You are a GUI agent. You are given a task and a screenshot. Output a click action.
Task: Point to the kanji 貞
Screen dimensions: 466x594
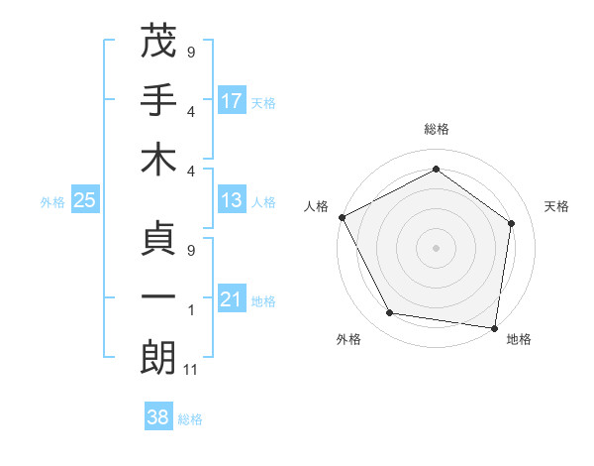click(x=158, y=238)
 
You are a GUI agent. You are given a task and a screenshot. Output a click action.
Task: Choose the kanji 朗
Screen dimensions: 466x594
click(x=158, y=358)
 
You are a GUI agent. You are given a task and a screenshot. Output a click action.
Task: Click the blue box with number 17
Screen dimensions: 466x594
click(x=232, y=100)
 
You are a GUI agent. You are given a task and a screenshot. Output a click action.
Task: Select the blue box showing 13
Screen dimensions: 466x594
click(x=232, y=200)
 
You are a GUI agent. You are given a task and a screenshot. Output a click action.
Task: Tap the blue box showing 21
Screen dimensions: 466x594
click(x=232, y=299)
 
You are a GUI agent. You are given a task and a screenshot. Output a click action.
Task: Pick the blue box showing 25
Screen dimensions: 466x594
click(x=84, y=201)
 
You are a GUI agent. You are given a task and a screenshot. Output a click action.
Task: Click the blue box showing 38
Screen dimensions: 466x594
click(x=157, y=417)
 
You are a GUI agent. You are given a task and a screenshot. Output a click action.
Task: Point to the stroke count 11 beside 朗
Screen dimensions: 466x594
click(x=192, y=370)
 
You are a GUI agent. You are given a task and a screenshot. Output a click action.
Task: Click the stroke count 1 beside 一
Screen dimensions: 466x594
click(x=191, y=310)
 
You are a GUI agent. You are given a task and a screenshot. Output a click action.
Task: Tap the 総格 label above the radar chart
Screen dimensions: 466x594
click(x=437, y=129)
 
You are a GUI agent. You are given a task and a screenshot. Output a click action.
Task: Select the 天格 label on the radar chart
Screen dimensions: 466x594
click(x=557, y=206)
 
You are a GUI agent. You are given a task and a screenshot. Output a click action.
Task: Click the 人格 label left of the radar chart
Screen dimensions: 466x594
click(x=317, y=206)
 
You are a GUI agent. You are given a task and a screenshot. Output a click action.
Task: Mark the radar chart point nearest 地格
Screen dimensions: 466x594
click(x=495, y=327)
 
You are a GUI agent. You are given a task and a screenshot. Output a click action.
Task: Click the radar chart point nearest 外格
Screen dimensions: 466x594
click(x=390, y=313)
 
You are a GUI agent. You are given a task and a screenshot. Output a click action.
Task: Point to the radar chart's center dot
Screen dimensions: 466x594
click(x=437, y=247)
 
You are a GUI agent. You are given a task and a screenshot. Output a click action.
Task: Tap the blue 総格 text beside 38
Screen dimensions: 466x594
click(x=190, y=419)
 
